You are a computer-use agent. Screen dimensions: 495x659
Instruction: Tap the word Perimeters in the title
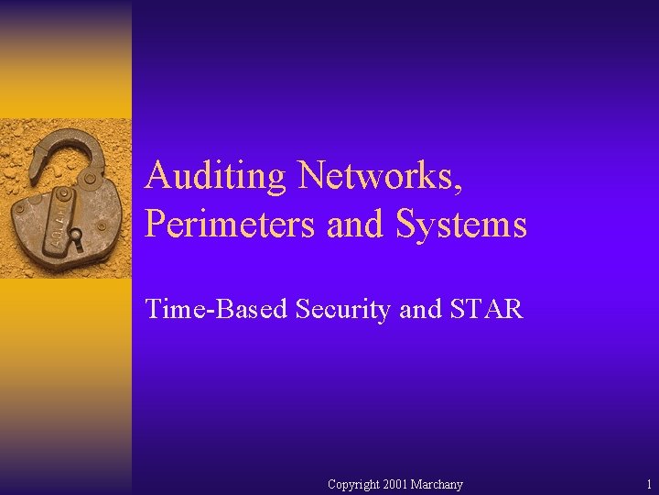pyautogui.click(x=230, y=224)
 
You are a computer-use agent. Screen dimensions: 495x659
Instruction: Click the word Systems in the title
pyautogui.click(x=461, y=224)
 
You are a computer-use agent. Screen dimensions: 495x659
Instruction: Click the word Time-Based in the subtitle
pyautogui.click(x=217, y=309)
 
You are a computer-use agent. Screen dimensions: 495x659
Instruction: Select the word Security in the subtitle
pyautogui.click(x=344, y=309)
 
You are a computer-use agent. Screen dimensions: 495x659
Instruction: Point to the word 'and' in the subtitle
pyautogui.click(x=420, y=309)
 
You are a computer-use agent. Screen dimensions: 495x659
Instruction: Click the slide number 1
pyautogui.click(x=648, y=484)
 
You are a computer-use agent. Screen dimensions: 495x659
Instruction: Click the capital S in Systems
pyautogui.click(x=406, y=224)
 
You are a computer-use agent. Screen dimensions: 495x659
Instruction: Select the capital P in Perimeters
pyautogui.click(x=155, y=224)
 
